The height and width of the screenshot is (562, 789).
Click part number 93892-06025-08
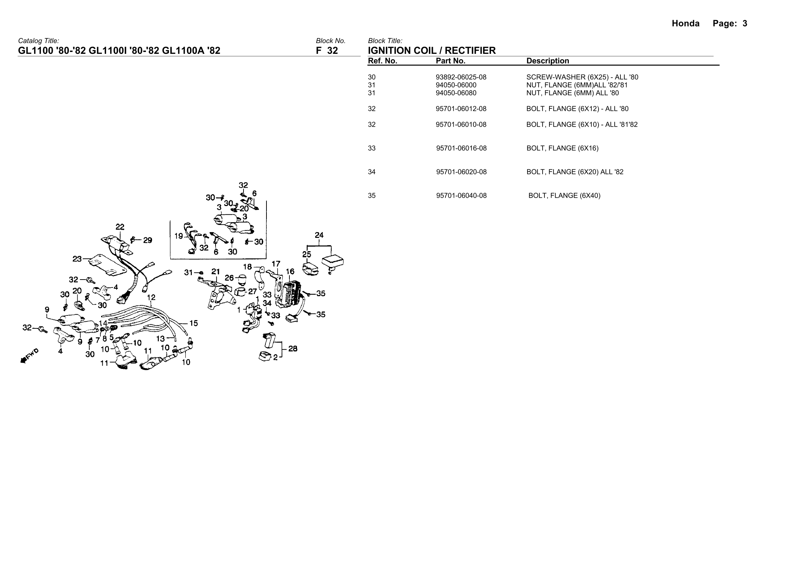pos(461,77)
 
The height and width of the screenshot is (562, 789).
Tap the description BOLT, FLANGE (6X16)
pos(562,148)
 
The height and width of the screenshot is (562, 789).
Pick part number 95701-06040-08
pos(461,196)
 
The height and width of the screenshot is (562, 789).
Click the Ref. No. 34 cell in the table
pos(372,172)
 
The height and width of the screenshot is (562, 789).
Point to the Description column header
pos(548,61)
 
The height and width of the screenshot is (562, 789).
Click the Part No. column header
pos(450,61)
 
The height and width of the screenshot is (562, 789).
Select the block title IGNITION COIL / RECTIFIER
pos(432,51)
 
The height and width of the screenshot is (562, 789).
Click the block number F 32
pos(327,51)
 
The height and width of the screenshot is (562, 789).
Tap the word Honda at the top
pos(685,24)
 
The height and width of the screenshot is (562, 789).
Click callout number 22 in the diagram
pos(120,227)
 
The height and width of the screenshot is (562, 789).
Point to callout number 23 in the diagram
pos(77,258)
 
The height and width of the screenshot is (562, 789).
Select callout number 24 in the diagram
pos(319,235)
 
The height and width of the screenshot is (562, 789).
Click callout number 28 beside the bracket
pos(293,348)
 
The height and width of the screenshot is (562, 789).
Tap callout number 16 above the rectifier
pos(290,272)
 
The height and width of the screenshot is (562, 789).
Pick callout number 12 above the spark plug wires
pos(151,297)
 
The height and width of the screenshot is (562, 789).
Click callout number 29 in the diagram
pos(147,240)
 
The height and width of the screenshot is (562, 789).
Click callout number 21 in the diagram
pos(215,272)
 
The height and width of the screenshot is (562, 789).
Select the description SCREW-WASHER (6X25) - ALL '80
pos(582,77)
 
